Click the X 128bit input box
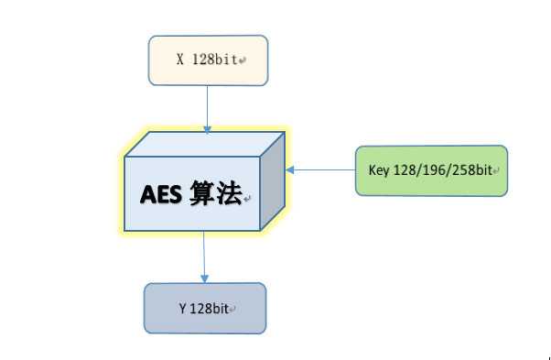tap(208, 60)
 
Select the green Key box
tap(431, 170)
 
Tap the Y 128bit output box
tap(204, 308)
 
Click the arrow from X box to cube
tap(208, 105)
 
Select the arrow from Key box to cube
tap(320, 169)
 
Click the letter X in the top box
tap(180, 60)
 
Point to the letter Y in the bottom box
tap(182, 309)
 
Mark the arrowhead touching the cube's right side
tap(289, 169)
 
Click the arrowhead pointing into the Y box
tap(204, 278)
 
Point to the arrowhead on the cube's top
tap(208, 129)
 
